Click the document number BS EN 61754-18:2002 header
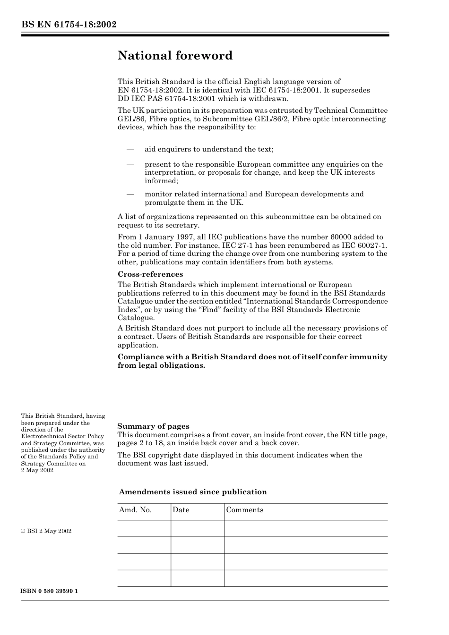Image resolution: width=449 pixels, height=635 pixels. coord(69,25)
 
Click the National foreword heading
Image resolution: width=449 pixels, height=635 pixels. coord(175,56)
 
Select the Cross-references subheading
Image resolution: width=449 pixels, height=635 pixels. coord(150,274)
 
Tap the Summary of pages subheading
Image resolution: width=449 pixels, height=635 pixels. coord(153,426)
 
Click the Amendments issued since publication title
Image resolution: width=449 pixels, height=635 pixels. coord(193,492)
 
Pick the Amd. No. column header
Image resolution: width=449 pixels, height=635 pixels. coord(135,510)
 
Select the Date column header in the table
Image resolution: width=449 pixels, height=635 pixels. coord(181,510)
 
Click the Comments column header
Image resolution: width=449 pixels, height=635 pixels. coord(244,510)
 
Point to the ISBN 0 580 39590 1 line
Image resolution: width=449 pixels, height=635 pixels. coord(49,591)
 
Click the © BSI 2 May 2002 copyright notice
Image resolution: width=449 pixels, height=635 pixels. coord(46,531)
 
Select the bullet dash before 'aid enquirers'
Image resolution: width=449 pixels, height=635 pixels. coord(130,149)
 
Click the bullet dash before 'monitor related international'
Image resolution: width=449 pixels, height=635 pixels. coord(130,194)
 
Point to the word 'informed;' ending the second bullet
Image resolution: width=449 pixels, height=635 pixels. coord(161,181)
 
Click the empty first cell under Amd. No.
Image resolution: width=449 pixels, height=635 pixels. coord(144,528)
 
